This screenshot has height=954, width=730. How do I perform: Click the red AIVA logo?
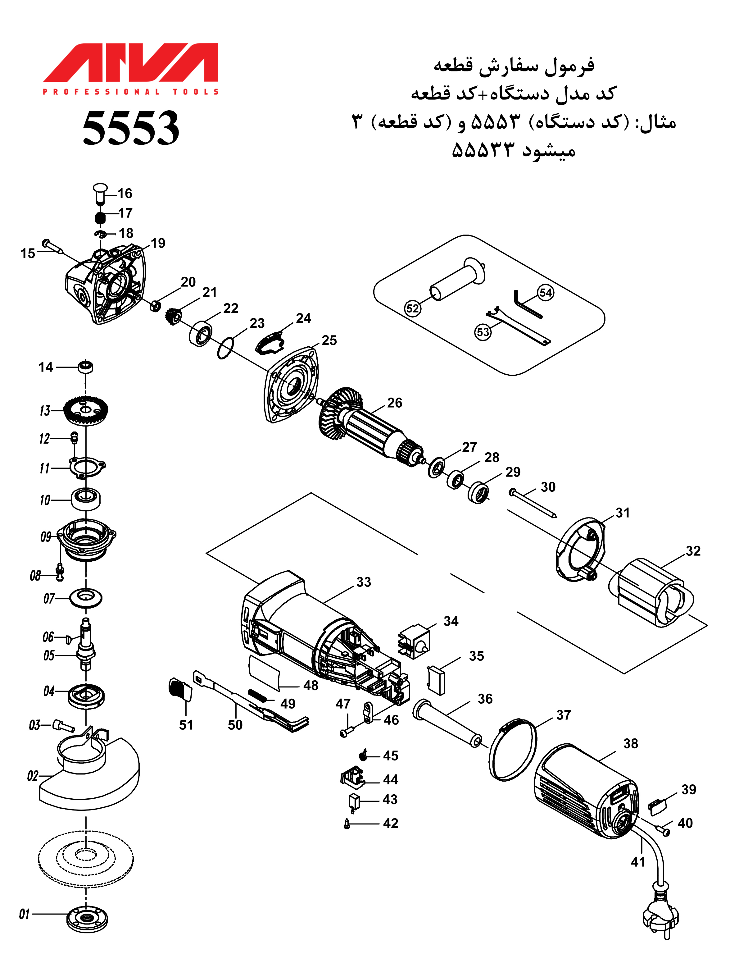click(130, 63)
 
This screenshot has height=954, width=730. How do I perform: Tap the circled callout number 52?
click(412, 308)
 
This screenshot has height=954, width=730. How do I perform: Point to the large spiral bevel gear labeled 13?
click(86, 410)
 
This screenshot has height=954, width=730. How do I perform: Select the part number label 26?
click(395, 403)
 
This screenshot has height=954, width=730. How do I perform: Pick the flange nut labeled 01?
click(87, 918)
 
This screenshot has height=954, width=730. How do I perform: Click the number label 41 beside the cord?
click(638, 861)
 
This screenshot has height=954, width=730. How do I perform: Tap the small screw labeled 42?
click(347, 823)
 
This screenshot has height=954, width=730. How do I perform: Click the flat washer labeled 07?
click(86, 598)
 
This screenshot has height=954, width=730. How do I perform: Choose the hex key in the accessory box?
click(526, 304)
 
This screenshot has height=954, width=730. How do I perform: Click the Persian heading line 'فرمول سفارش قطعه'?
click(514, 65)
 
